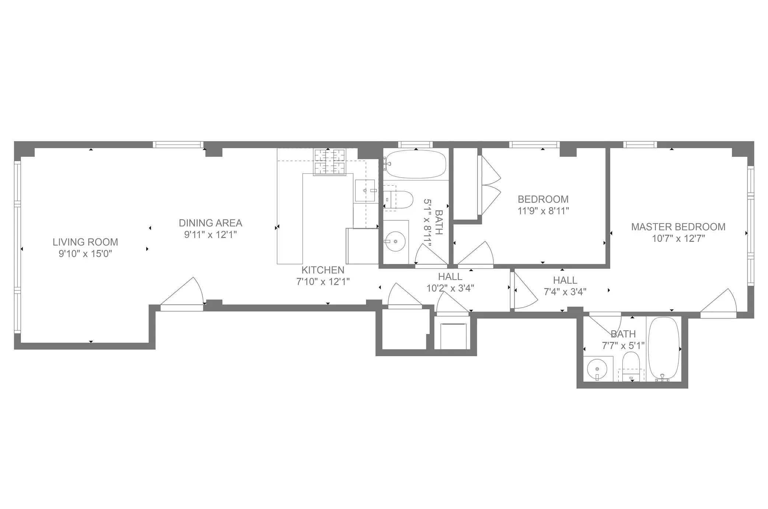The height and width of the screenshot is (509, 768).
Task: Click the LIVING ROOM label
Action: (x=85, y=242)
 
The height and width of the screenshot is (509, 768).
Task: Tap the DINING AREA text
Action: (x=210, y=223)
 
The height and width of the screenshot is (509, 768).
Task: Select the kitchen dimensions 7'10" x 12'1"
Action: (x=323, y=282)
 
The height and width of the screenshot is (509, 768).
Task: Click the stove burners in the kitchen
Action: (x=330, y=162)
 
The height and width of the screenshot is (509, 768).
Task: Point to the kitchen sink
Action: (x=365, y=191)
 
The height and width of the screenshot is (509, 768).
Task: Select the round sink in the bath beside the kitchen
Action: (x=395, y=242)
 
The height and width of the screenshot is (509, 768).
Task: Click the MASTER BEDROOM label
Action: (x=678, y=227)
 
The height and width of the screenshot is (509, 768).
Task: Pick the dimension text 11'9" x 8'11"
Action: (x=543, y=211)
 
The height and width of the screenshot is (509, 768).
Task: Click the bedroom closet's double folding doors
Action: (x=489, y=186)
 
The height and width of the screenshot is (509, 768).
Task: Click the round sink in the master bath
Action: (x=597, y=368)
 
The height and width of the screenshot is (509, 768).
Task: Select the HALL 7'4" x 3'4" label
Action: (x=565, y=286)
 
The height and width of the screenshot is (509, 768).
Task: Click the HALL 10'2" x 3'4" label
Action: (x=450, y=282)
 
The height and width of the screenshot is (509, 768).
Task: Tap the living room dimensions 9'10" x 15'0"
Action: (x=85, y=254)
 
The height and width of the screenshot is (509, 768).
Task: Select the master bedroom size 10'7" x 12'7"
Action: (x=678, y=239)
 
